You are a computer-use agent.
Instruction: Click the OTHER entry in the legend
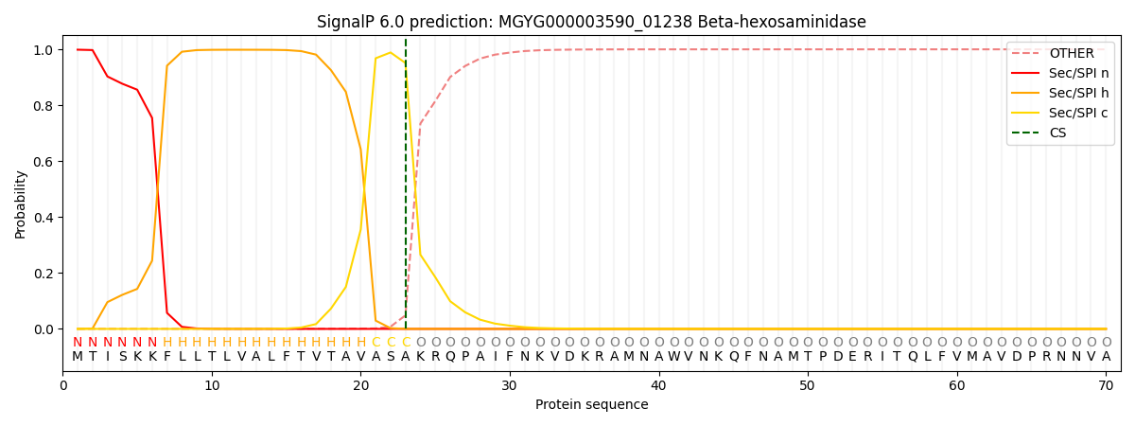point(1071,54)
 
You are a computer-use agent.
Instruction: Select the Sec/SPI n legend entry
point(1078,74)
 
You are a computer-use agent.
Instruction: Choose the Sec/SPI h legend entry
point(1078,94)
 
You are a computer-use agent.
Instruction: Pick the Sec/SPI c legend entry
point(1078,114)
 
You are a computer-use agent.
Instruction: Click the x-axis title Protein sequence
point(591,404)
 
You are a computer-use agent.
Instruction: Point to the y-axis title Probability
point(21,204)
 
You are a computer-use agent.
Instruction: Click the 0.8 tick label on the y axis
point(44,106)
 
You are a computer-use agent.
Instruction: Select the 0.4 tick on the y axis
point(44,218)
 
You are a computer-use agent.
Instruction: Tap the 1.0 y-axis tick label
point(44,50)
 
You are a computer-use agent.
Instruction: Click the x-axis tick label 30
point(510,385)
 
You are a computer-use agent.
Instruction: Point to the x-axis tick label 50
point(808,385)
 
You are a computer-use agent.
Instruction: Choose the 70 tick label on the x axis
point(1106,385)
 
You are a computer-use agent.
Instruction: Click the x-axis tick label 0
point(63,385)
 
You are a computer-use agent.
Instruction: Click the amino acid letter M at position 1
point(78,357)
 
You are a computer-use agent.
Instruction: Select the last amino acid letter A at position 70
point(1106,357)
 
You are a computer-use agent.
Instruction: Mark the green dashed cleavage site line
point(406,189)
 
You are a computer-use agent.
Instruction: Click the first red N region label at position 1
point(78,343)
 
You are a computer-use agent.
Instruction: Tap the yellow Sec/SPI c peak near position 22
point(391,53)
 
